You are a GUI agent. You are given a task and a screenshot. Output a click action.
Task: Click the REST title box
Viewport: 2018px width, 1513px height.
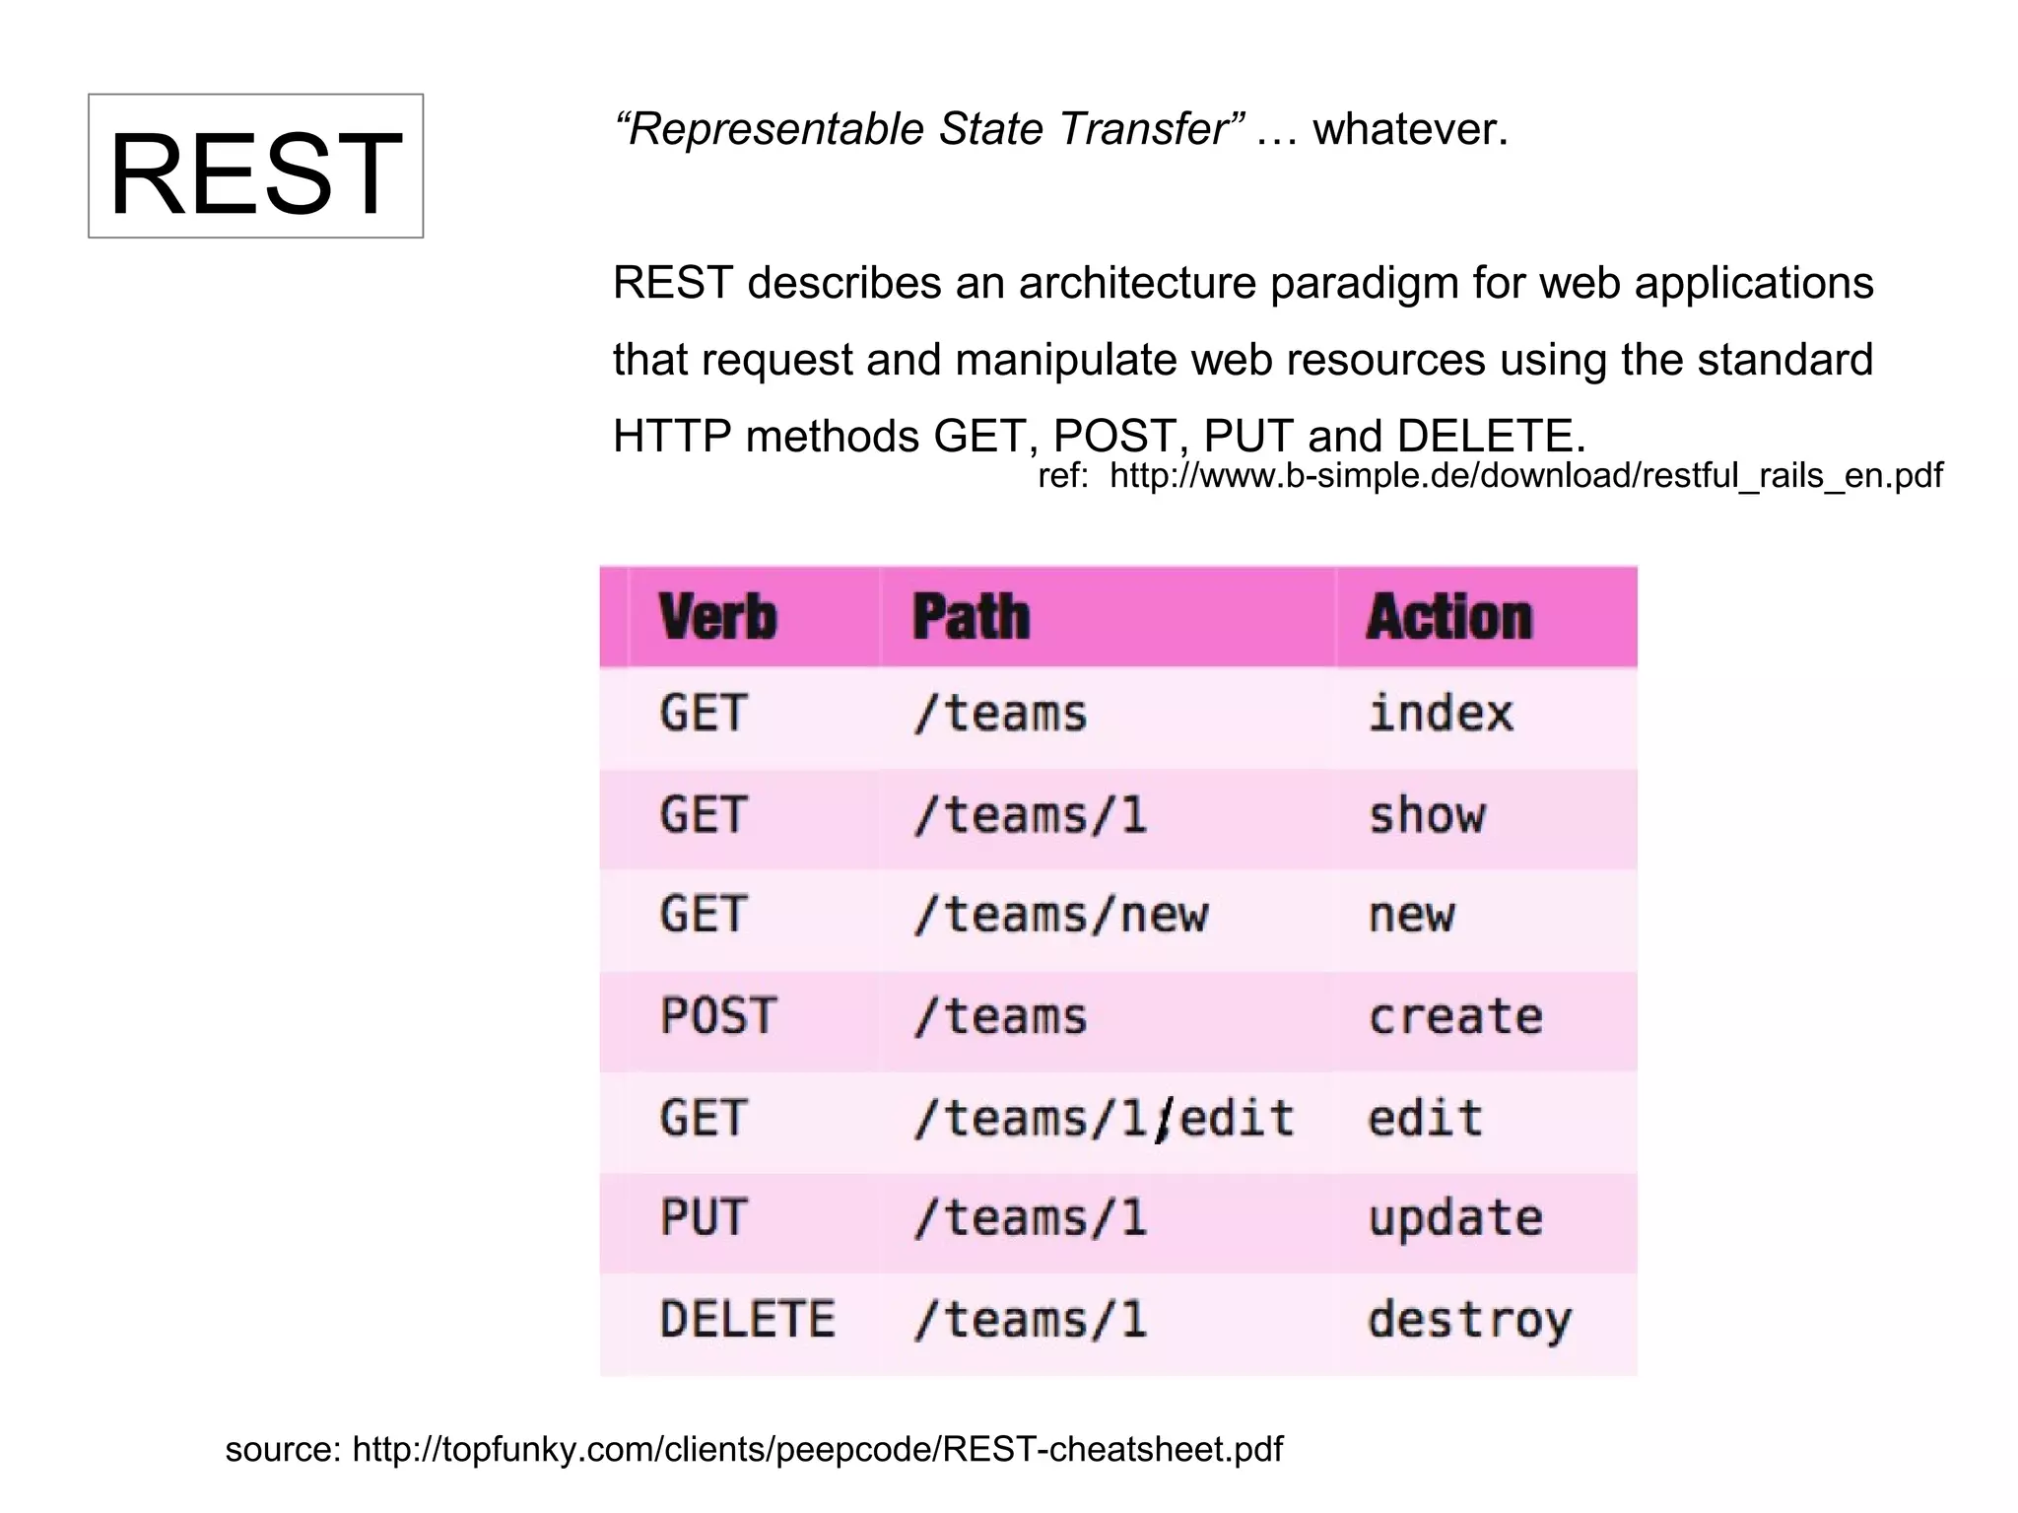255,167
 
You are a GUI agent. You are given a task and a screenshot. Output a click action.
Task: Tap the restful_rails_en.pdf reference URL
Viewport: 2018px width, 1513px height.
1525,476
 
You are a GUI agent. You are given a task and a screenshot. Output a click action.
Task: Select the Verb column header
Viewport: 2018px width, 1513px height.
717,618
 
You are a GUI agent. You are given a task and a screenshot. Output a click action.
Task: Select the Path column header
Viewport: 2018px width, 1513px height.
971,618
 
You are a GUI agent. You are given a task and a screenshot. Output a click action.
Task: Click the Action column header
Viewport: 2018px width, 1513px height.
1448,618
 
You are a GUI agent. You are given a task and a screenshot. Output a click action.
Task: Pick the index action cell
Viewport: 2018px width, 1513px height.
1440,714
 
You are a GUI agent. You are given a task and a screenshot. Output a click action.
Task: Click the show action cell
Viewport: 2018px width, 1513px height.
1426,815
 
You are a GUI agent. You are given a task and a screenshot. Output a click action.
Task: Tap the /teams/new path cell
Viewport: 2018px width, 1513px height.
1060,916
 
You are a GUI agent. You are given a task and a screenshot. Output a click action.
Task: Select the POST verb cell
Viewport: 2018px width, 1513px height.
718,1016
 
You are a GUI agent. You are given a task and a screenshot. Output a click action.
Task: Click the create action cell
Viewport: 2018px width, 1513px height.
1454,1016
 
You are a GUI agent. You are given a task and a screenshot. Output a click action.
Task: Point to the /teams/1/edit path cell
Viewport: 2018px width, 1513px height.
1103,1119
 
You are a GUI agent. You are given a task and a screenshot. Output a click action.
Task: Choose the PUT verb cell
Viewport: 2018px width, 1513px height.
704,1218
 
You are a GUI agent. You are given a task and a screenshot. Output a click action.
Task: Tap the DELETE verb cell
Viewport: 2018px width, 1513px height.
747,1320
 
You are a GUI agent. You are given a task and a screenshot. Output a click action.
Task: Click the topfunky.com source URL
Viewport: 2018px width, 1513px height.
817,1449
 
